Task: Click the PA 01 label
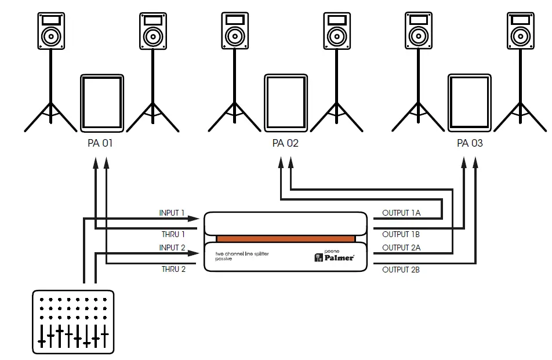tap(100, 143)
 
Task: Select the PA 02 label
tap(285, 143)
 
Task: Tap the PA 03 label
tap(470, 143)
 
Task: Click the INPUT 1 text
tap(172, 213)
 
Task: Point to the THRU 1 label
tap(173, 235)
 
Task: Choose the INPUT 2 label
tap(172, 248)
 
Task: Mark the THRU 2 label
tap(173, 269)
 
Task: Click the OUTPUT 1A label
tap(401, 213)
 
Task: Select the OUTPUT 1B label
tap(401, 235)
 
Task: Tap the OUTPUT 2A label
tap(401, 248)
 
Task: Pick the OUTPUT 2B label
tap(401, 270)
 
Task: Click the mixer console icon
tap(72, 321)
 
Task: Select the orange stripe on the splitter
tap(285, 239)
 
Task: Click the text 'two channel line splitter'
tap(242, 254)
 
